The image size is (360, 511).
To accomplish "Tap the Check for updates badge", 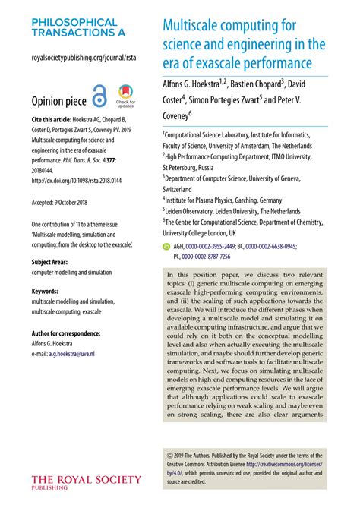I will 125,99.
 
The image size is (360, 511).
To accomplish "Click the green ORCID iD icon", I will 166,247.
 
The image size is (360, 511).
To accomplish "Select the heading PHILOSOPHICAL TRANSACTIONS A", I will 74,27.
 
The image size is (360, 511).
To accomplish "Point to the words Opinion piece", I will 57,102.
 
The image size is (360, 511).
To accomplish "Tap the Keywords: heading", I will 46,291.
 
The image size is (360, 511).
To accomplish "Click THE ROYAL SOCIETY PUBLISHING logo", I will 85,483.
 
